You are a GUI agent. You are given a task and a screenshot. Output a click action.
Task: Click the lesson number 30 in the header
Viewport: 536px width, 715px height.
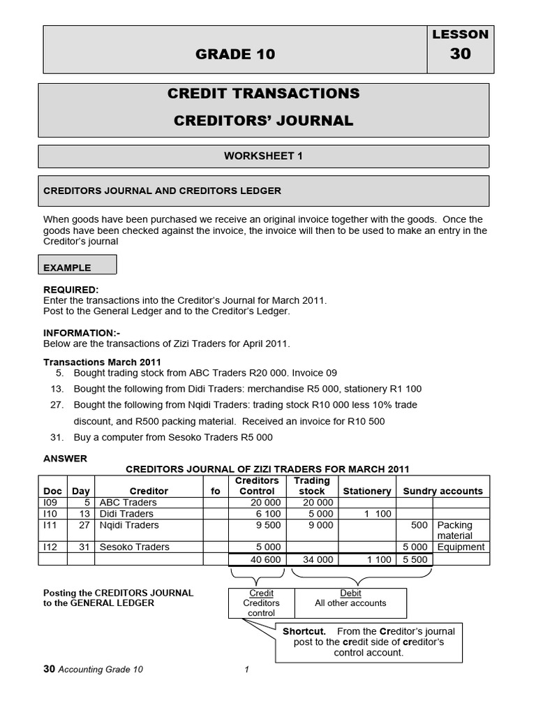[x=461, y=54]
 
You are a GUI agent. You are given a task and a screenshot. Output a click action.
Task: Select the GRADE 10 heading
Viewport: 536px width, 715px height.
[x=235, y=54]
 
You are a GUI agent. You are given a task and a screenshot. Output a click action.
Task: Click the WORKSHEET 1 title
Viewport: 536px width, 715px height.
[x=263, y=156]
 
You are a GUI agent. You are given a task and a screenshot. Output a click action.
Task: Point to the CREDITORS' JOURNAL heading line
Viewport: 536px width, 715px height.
[x=263, y=121]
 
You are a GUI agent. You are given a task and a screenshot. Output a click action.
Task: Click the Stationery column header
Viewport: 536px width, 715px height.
[x=366, y=492]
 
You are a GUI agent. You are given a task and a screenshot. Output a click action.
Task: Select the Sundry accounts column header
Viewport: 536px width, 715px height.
[x=442, y=492]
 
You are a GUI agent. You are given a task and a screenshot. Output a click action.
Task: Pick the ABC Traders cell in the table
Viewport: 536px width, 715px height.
[x=128, y=503]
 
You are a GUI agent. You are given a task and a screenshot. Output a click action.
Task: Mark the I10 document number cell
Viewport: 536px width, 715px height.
[x=51, y=514]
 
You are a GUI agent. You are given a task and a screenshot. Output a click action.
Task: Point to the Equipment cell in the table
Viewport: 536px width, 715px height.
[x=461, y=547]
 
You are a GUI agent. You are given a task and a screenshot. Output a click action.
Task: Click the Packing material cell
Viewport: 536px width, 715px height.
[x=454, y=530]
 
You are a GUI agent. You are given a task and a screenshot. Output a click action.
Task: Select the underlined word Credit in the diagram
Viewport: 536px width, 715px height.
[x=261, y=594]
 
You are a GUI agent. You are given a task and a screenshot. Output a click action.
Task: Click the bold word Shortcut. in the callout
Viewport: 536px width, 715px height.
[x=304, y=631]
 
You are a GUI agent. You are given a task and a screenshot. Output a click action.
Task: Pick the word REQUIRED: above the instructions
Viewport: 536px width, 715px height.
[x=71, y=290]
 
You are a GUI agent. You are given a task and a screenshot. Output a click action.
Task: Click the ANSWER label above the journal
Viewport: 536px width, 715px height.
[x=66, y=459]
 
